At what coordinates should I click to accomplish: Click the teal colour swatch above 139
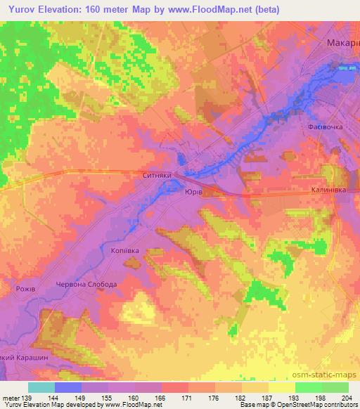(x=41, y=387)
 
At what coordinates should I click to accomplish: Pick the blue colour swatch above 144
(x=68, y=387)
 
